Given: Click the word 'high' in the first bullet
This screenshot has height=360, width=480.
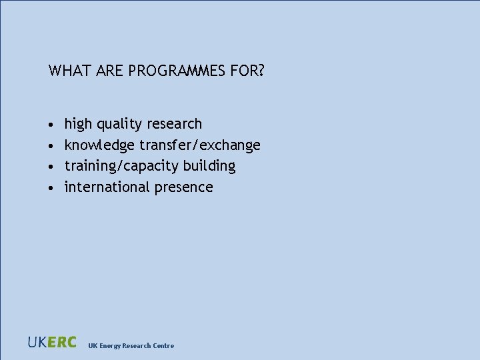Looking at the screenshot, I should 78,124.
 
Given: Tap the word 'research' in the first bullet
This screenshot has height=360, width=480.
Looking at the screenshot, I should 174,124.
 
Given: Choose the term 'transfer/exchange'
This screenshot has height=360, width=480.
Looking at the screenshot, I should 200,145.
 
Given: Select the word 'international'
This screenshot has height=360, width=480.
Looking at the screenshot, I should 107,187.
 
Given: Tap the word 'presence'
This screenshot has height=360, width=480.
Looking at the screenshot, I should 184,187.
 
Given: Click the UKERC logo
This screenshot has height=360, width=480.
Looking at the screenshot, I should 52,342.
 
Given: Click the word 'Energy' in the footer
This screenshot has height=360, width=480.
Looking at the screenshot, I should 111,345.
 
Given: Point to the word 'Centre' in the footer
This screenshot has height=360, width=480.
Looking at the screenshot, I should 163,345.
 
